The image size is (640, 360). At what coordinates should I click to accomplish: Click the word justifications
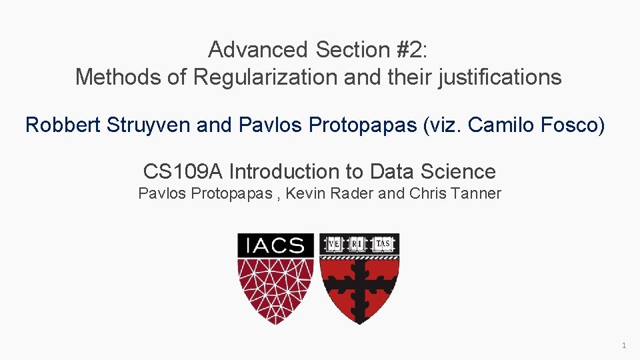click(x=500, y=77)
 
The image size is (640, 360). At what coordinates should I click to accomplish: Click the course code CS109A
click(x=183, y=171)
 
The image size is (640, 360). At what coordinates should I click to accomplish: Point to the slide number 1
click(x=623, y=345)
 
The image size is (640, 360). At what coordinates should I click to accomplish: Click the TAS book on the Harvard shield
click(x=383, y=244)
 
